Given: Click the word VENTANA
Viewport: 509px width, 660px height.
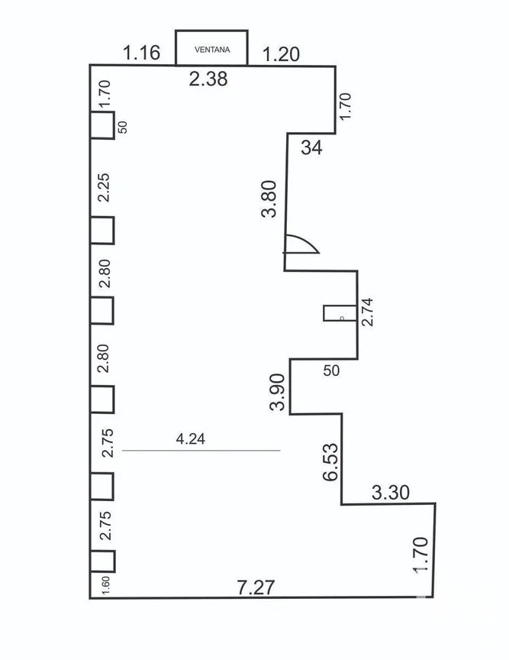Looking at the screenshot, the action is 212,50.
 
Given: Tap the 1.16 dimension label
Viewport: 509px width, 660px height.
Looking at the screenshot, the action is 141,53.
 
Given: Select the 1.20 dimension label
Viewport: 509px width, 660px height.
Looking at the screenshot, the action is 281,54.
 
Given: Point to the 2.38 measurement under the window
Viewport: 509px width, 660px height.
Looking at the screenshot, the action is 208,79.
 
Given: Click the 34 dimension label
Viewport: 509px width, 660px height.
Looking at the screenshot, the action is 311,147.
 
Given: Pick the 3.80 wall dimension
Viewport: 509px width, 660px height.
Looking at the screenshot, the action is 269,199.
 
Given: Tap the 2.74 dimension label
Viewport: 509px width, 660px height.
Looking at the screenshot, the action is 367,312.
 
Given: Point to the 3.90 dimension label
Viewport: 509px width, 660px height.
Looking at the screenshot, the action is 278,392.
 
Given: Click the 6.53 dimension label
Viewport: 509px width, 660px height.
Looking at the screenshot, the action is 330,461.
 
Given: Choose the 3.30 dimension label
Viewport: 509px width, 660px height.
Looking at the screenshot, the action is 391,492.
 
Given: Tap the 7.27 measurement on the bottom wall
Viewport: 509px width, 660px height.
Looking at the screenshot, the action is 256,587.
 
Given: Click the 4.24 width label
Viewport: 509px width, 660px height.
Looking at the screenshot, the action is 191,439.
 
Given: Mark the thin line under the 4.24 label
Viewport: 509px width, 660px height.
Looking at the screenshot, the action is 201,451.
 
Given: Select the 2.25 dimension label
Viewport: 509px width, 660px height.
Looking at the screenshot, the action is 104,187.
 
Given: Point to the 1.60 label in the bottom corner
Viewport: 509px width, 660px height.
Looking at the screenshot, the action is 106,586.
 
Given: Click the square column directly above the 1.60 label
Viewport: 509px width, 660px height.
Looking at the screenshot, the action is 102,561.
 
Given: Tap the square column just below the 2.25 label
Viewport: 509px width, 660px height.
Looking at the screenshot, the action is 101,230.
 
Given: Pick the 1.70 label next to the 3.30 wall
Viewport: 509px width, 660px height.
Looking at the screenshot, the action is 421,555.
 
